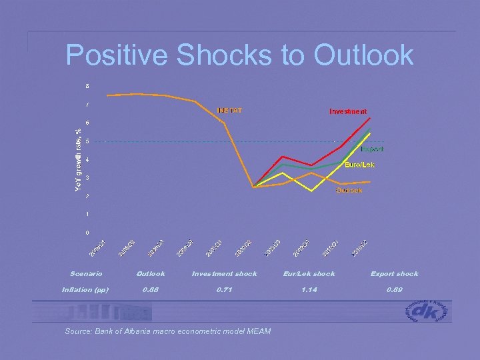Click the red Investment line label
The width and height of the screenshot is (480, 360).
coord(347,111)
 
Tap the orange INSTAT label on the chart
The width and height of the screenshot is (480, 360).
coord(228,110)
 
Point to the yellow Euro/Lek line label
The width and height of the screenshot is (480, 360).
coord(359,165)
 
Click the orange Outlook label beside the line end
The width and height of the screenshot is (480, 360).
coord(349,191)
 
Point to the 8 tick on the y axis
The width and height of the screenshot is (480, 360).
coord(86,86)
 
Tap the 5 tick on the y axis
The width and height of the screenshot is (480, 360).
coord(86,141)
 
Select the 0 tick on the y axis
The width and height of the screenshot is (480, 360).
coord(86,233)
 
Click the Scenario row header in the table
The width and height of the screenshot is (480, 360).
coord(86,273)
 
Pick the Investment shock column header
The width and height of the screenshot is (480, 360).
coord(224,273)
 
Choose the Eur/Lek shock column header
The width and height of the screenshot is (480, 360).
coord(309,273)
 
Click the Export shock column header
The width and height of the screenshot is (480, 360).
coord(394,273)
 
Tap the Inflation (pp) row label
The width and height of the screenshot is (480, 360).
coord(85,289)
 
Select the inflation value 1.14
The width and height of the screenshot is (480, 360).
coord(309,289)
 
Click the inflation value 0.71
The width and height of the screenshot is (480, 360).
coord(224,289)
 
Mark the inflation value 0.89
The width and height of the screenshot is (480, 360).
coord(394,289)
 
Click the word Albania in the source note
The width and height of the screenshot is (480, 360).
coord(135,331)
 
